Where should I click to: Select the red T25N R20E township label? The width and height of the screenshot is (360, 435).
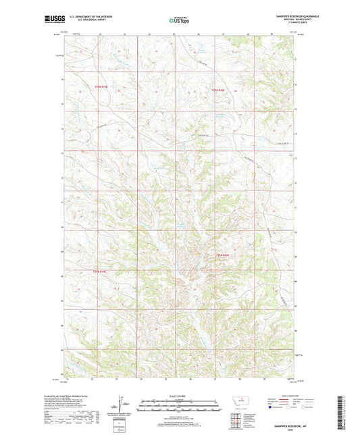223,254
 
